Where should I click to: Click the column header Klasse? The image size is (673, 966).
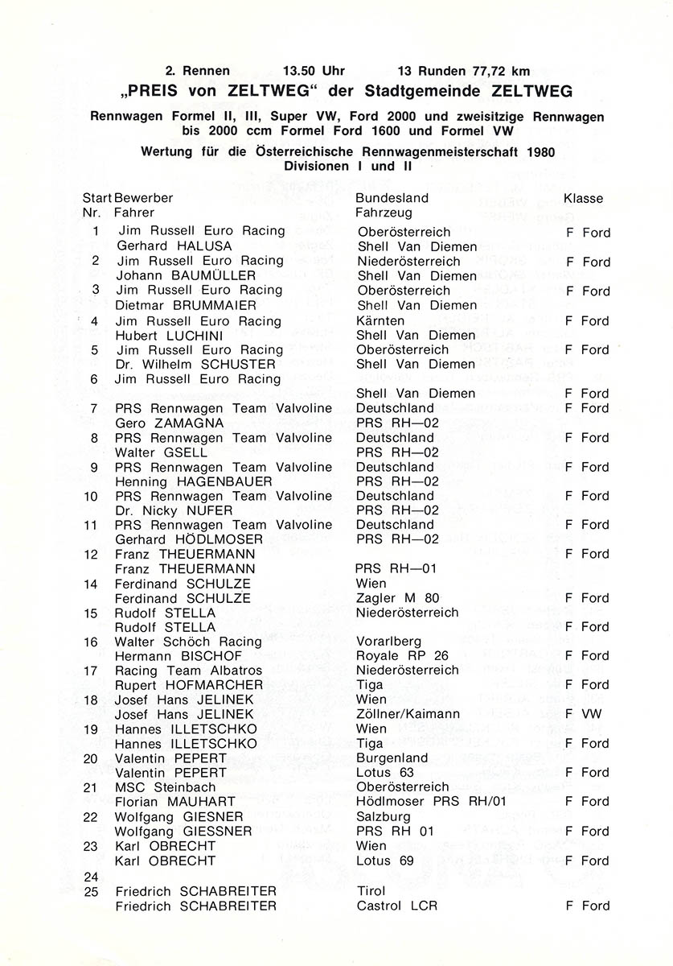[583, 198]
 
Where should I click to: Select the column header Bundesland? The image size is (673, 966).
[392, 198]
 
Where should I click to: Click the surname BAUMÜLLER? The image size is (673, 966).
[214, 275]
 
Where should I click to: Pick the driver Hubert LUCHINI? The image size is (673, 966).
[175, 335]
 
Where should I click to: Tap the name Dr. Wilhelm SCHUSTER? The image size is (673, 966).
[196, 364]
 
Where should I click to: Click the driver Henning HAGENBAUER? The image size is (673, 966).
[194, 481]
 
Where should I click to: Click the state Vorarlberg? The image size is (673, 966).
[389, 642]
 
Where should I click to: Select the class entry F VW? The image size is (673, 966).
[583, 714]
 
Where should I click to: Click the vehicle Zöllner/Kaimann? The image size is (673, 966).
[408, 714]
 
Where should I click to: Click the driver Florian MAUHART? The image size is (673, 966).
[175, 802]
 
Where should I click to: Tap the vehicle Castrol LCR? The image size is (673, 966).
[397, 906]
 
